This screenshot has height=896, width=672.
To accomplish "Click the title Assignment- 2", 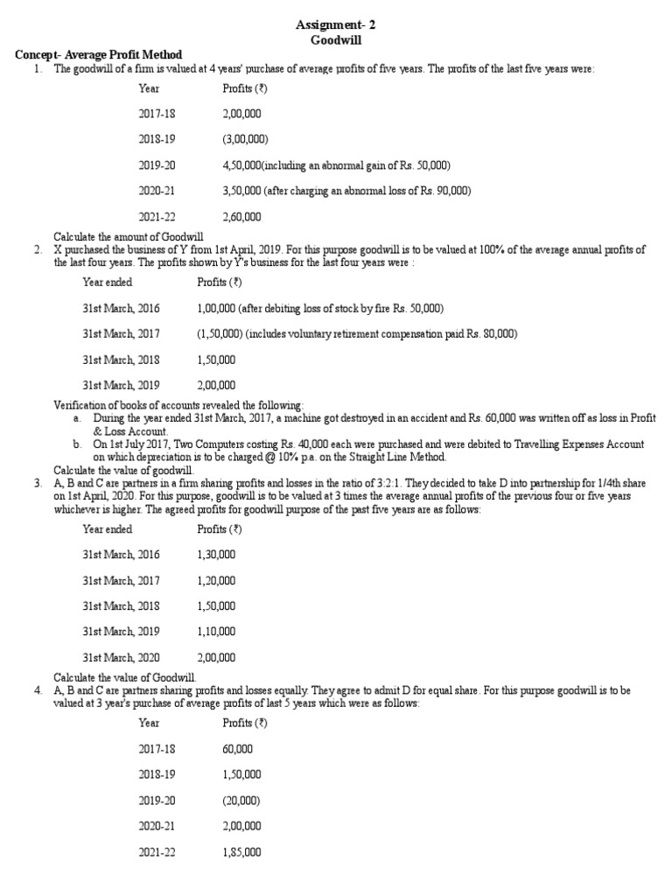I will [335, 26].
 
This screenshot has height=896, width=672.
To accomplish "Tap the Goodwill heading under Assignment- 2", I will [335, 40].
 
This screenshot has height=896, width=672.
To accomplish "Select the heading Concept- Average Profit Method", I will [99, 55].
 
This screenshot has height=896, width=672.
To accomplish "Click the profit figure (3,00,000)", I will [246, 139].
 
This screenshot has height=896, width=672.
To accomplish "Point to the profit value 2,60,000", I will [242, 216].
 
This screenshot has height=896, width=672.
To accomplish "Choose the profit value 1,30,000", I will [216, 555].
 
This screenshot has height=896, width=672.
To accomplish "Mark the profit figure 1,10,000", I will [216, 631].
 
